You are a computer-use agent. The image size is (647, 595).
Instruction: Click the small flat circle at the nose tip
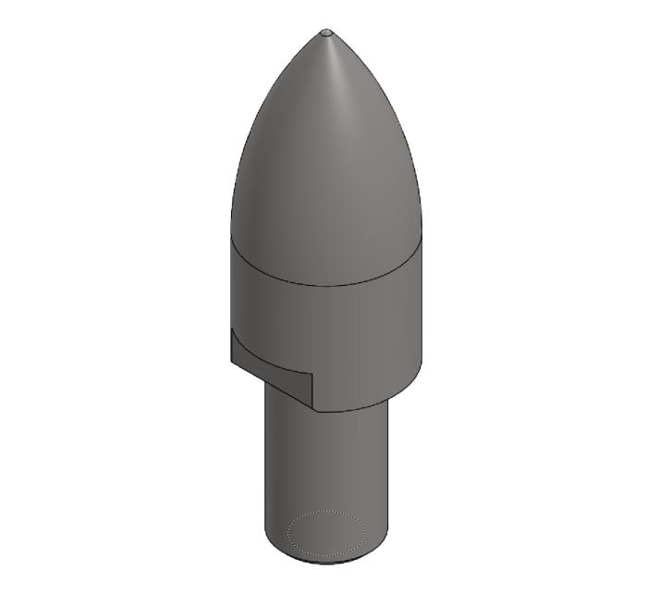pos(325,32)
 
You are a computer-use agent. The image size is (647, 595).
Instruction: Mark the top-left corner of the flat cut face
pos(231,329)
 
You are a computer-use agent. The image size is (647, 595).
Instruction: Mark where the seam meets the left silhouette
pos(230,233)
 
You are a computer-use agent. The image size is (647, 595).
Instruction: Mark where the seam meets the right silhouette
pos(422,233)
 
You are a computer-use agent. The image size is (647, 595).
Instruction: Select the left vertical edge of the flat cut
pos(231,347)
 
